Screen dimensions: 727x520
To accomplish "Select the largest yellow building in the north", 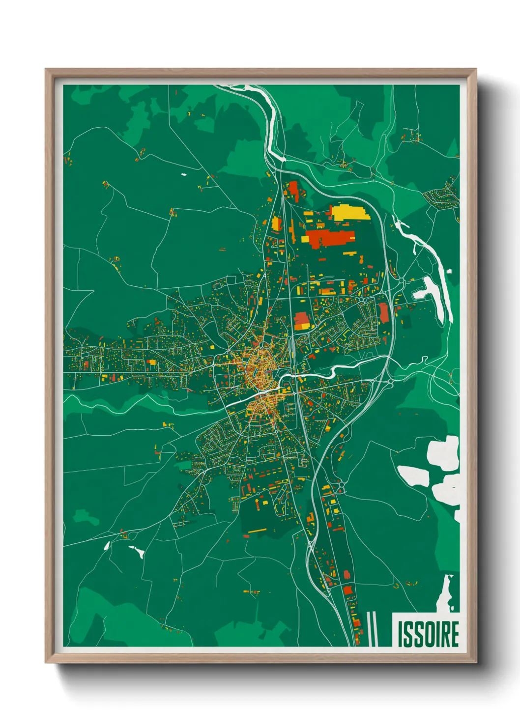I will [x=350, y=213].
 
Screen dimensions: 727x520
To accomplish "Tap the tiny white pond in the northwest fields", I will [x=184, y=174].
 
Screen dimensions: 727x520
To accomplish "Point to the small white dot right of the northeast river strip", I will [x=449, y=271].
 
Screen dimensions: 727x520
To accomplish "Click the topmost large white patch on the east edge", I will [x=443, y=452].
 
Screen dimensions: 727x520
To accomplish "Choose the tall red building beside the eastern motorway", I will [x=383, y=313].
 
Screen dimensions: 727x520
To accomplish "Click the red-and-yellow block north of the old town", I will [x=301, y=320].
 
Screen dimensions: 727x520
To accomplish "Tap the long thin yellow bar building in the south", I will [x=257, y=531].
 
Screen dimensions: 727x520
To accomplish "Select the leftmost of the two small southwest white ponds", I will [x=107, y=545].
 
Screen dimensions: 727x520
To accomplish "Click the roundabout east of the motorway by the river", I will [x=390, y=381].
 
